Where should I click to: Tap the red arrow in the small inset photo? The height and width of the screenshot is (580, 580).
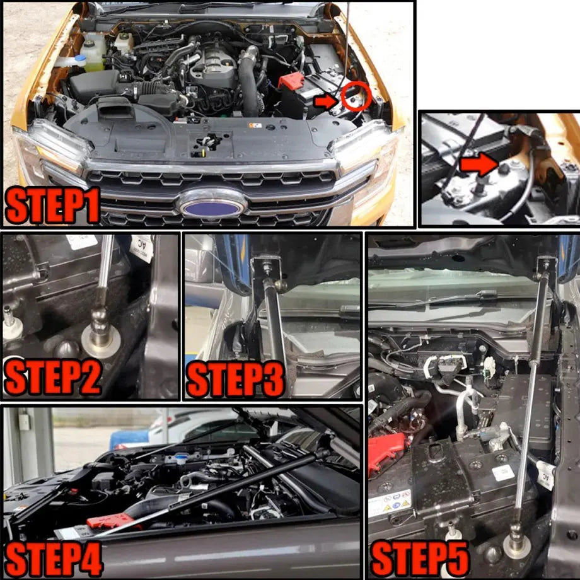coord(478,165)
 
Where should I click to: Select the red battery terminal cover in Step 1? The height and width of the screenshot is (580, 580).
coord(291,81)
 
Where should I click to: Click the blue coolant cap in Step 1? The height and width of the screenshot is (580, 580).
coord(80,59)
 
